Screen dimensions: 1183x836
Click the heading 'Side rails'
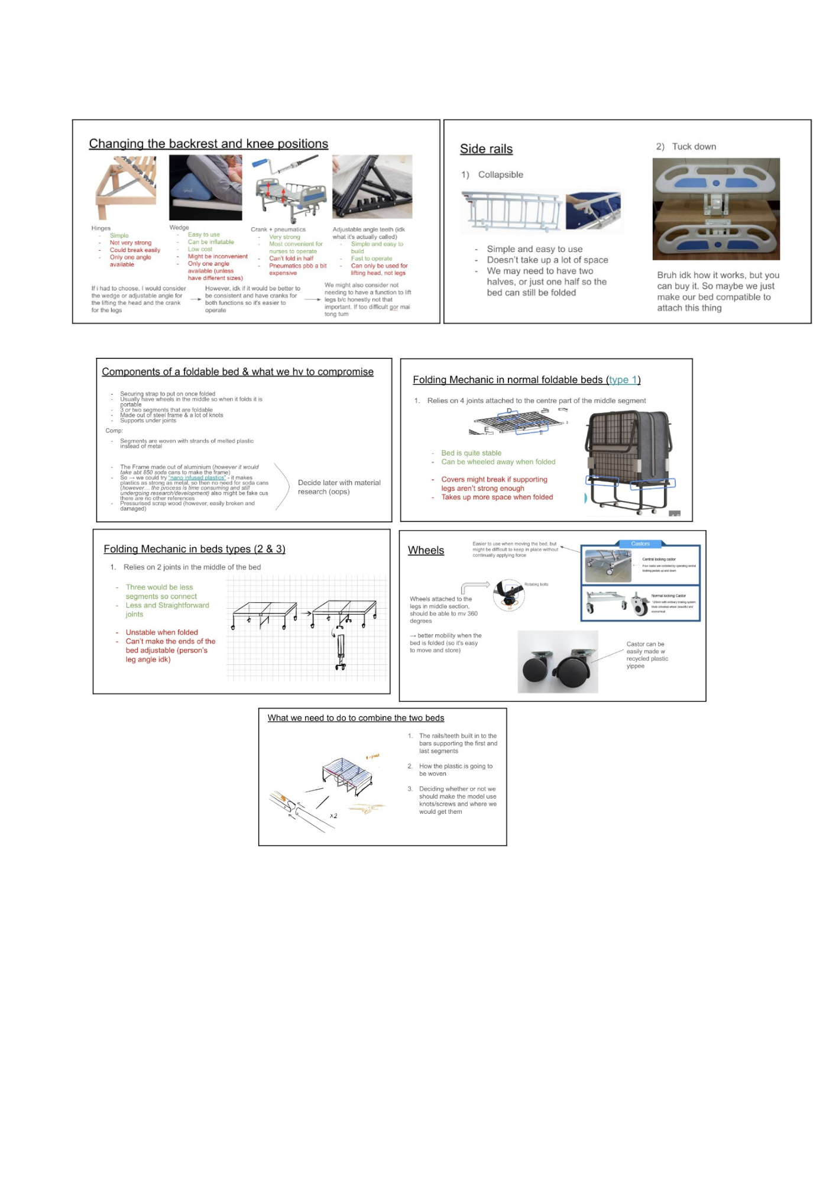click(486, 149)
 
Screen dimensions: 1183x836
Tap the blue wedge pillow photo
click(205, 187)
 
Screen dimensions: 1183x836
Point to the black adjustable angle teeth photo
click(372, 187)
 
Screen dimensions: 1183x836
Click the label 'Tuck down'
click(694, 147)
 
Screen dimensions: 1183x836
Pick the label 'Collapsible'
click(500, 174)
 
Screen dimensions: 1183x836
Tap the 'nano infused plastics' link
click(197, 478)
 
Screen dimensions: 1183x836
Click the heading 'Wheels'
click(426, 551)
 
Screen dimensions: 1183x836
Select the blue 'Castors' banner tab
click(640, 544)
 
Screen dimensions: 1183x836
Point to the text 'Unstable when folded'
click(161, 632)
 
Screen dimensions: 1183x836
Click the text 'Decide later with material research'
click(339, 487)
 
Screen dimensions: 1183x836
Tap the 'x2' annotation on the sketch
click(333, 816)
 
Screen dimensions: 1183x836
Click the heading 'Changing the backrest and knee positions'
click(208, 144)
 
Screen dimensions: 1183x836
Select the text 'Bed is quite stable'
click(471, 453)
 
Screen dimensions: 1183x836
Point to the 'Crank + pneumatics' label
click(278, 230)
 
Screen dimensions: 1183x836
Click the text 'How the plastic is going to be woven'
click(455, 770)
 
